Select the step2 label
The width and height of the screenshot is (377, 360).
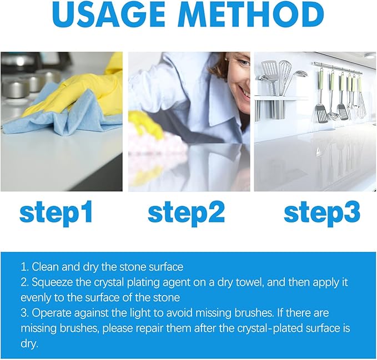point(186,212)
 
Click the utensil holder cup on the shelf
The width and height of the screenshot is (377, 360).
point(265,108)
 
